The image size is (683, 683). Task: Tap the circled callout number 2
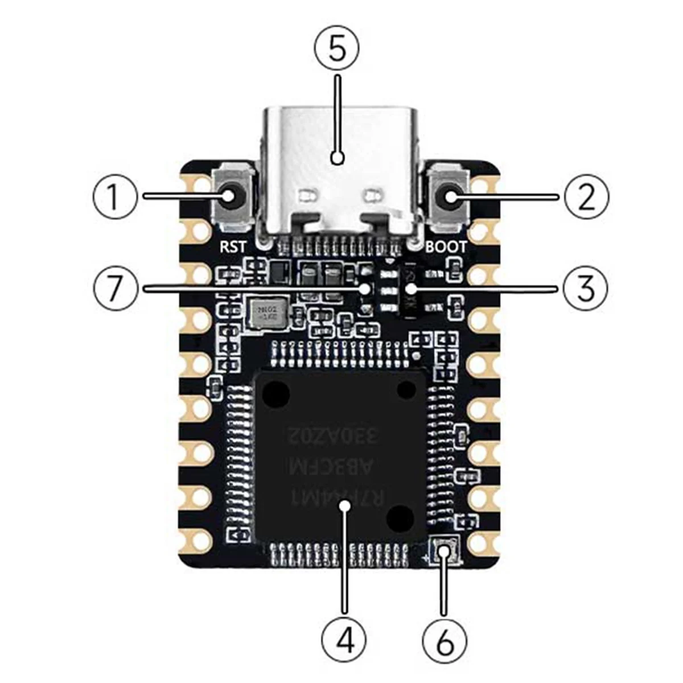[x=586, y=197]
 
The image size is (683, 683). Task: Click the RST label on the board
[x=234, y=246]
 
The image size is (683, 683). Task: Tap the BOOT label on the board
[x=446, y=246]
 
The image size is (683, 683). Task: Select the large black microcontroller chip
[x=340, y=455]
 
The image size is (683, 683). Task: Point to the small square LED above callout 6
[x=443, y=550]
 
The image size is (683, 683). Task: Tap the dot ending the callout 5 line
[x=338, y=158]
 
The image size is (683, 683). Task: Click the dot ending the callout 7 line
[x=365, y=289]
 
